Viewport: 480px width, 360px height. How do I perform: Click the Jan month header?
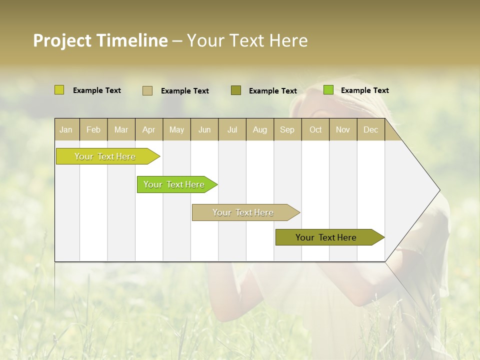[66, 130]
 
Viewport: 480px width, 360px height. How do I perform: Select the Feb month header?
[93, 130]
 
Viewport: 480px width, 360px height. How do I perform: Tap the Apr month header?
[149, 130]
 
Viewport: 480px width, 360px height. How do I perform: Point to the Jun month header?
[204, 130]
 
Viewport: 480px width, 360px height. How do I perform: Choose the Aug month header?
[260, 130]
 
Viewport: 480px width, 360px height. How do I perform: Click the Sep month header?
[287, 130]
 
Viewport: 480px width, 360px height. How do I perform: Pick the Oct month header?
[315, 130]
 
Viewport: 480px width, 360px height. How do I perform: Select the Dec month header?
[371, 130]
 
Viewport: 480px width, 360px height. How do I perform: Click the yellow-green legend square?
[59, 90]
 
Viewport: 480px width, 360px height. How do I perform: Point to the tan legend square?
[147, 90]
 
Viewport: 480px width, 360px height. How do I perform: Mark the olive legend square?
[236, 90]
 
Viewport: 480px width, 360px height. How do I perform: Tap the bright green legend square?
[328, 90]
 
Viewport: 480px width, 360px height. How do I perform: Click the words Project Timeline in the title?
[100, 40]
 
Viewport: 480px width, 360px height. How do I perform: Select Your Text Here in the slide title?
[247, 40]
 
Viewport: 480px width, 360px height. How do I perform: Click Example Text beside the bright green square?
[364, 90]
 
